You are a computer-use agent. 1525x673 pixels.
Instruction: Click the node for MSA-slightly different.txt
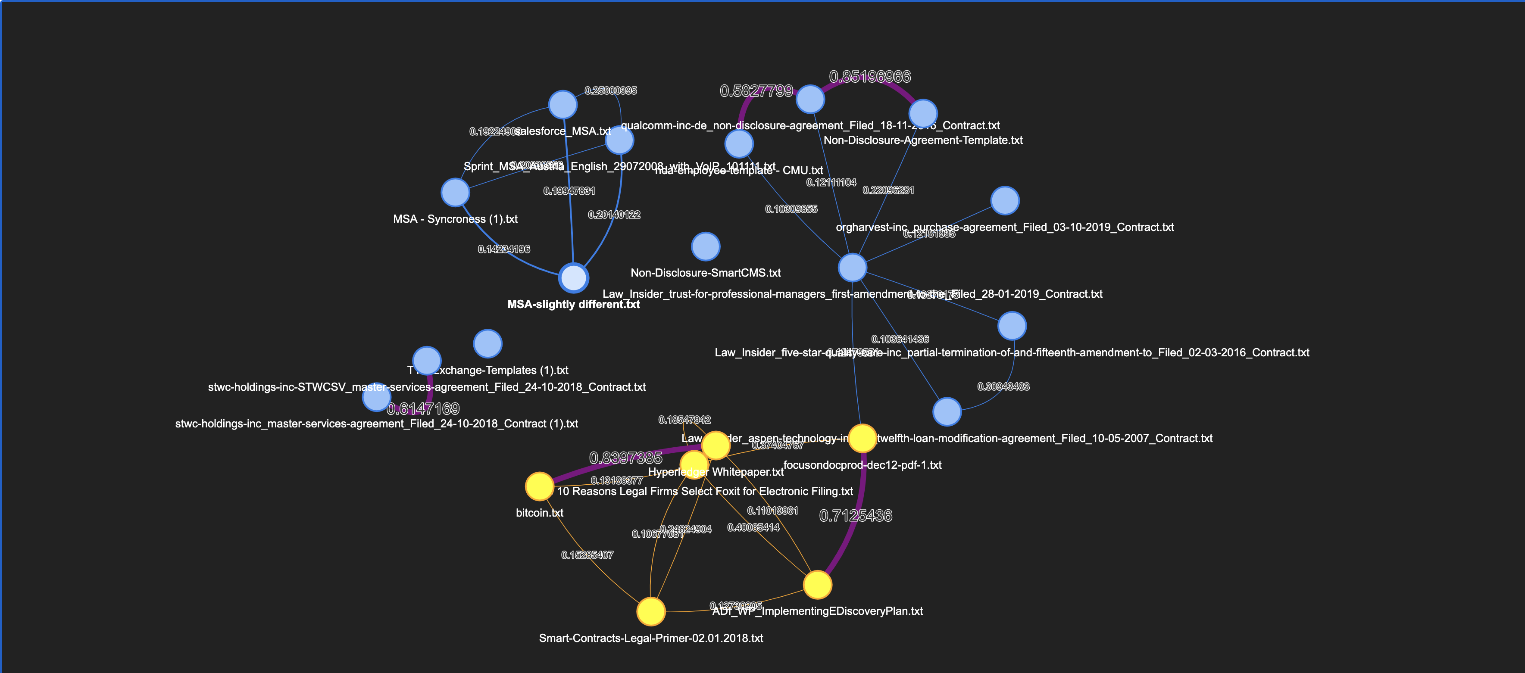pos(574,277)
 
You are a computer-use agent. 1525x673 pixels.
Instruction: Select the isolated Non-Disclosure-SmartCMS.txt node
pos(705,246)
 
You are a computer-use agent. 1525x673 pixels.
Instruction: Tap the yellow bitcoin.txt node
pos(539,486)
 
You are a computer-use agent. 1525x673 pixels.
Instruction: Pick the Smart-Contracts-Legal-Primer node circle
pos(650,611)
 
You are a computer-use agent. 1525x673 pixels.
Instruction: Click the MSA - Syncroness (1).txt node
pos(455,192)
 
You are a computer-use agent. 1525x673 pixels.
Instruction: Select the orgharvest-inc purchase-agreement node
pos(1005,201)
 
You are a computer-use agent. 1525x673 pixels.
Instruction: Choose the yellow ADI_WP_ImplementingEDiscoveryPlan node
pos(817,585)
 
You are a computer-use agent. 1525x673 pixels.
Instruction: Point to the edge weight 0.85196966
pos(870,76)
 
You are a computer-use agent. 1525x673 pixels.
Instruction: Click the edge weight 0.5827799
pos(756,90)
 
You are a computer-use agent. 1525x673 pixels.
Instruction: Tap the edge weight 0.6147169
pos(423,408)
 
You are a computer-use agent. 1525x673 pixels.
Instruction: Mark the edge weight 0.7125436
pos(856,516)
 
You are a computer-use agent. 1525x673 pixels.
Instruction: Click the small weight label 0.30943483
pos(1003,386)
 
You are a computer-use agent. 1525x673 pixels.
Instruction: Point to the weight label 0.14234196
pos(504,249)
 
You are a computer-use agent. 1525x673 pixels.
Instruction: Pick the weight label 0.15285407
pos(587,555)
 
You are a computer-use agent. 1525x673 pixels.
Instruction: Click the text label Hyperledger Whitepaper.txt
pos(716,472)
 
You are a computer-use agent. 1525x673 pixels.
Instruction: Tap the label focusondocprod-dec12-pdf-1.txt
pos(862,464)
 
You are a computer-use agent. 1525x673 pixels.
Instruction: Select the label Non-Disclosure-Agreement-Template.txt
pos(923,140)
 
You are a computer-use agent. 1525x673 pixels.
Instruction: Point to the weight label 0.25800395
pos(610,90)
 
